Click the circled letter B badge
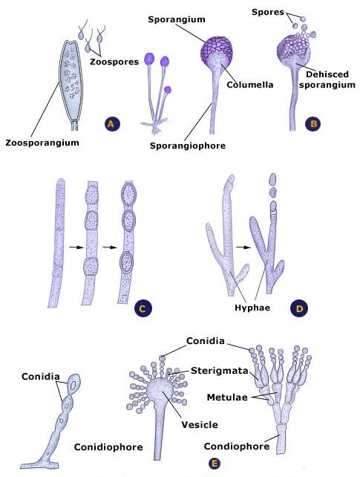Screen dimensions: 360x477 [x=313, y=123]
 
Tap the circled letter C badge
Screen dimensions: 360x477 [x=143, y=308]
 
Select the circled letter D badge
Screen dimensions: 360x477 [x=299, y=308]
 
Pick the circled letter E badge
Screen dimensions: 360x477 [x=215, y=464]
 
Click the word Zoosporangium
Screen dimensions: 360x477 [x=42, y=143]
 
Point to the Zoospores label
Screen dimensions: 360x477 [x=114, y=62]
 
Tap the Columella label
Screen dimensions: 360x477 [x=250, y=85]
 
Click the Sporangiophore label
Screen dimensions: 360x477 [x=188, y=146]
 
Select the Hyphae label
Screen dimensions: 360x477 [x=252, y=308]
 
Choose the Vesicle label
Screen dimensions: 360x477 [x=200, y=424]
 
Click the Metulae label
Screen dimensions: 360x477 [x=227, y=397]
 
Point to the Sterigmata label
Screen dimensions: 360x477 [x=220, y=371]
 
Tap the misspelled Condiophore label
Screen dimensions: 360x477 [x=237, y=447]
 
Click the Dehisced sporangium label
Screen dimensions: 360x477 [x=327, y=79]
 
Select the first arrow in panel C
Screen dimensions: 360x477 [x=76, y=247]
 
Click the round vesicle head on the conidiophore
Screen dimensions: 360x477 [x=160, y=389]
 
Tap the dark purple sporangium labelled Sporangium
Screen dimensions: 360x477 [x=217, y=52]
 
